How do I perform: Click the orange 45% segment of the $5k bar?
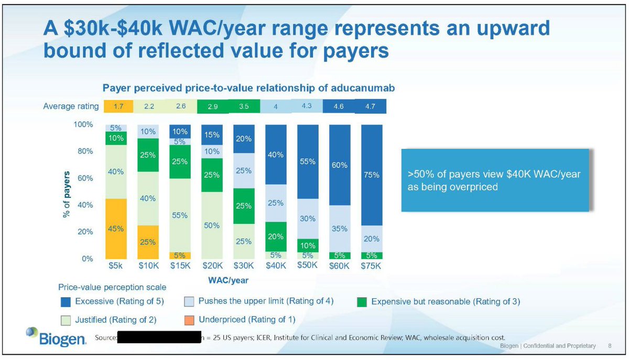pyautogui.click(x=115, y=228)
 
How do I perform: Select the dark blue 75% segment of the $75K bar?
pyautogui.click(x=372, y=175)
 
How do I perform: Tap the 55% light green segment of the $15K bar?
pyautogui.click(x=180, y=215)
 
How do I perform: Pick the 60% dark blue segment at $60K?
pyautogui.click(x=339, y=165)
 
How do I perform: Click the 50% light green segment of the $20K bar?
pyautogui.click(x=212, y=225)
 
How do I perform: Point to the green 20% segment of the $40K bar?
pyautogui.click(x=276, y=236)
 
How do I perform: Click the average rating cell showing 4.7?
pyautogui.click(x=371, y=106)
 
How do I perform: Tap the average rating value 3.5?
pyautogui.click(x=244, y=106)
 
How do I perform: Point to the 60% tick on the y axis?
pyautogui.click(x=84, y=178)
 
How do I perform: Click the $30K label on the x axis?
pyautogui.click(x=244, y=266)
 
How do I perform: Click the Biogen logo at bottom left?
pyautogui.click(x=55, y=337)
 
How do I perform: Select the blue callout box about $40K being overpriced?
pyautogui.click(x=496, y=180)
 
